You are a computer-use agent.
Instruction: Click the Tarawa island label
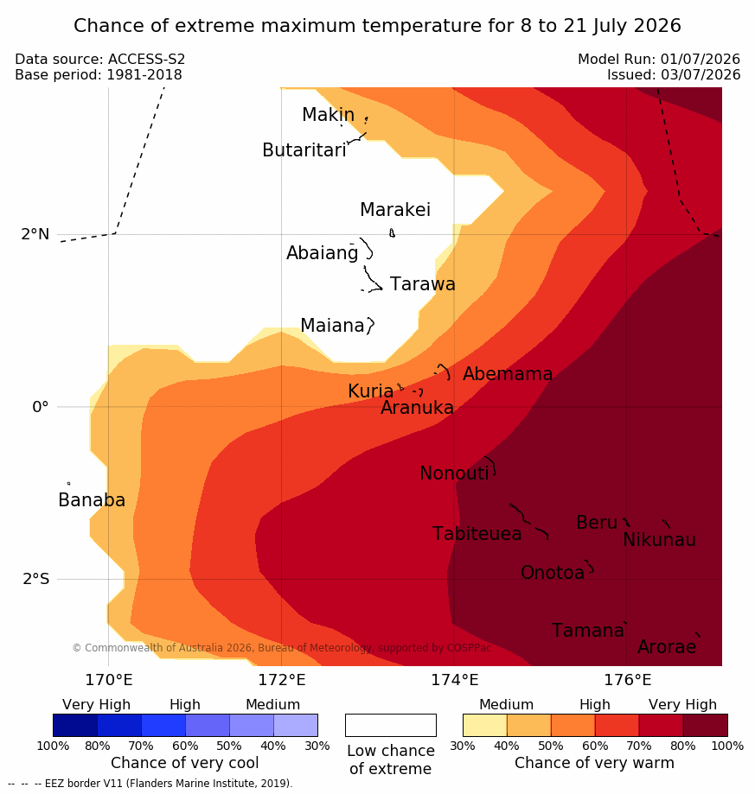coord(422,284)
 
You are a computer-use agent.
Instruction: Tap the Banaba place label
coord(92,500)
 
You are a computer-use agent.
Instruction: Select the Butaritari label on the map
coord(304,150)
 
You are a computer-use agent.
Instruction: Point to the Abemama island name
coord(507,374)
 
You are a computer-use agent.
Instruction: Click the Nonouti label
coord(454,473)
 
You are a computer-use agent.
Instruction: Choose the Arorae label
coord(667,647)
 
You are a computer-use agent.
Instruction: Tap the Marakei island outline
coord(392,233)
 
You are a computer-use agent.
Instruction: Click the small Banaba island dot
coord(68,484)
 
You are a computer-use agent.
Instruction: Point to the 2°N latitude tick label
coord(35,234)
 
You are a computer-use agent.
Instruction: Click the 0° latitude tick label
coord(40,407)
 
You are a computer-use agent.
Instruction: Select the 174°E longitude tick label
coord(455,680)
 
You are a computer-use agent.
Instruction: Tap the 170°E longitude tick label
coord(108,680)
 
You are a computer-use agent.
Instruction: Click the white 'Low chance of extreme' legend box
coord(391,725)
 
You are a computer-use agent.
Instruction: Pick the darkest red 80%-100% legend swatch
coord(706,725)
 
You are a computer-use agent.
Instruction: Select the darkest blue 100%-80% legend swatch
coord(75,725)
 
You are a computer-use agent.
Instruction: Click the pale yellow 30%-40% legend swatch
coord(485,725)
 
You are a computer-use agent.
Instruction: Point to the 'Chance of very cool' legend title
coord(184,763)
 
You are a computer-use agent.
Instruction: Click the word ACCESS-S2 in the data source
coord(146,60)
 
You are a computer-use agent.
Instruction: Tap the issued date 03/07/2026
coord(701,75)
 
